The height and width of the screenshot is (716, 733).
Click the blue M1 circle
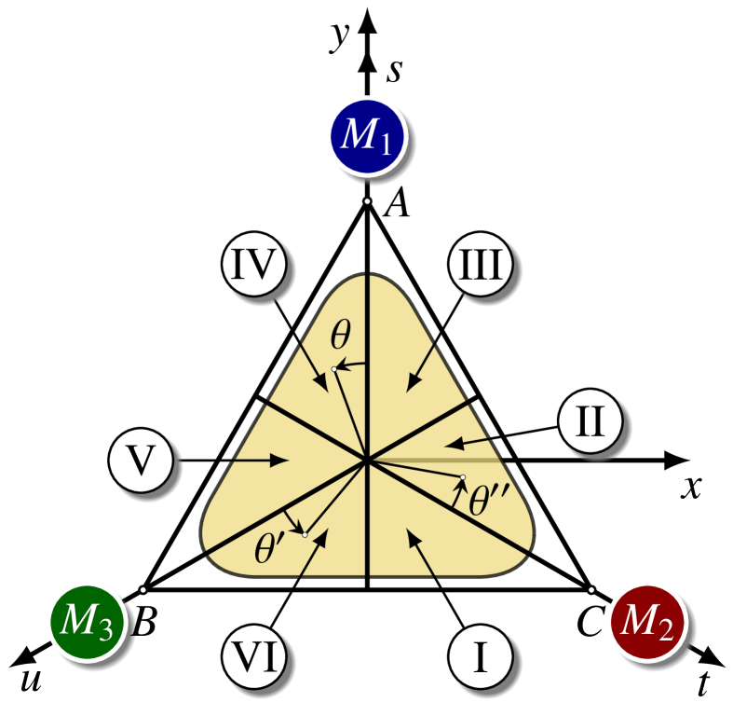click(x=367, y=135)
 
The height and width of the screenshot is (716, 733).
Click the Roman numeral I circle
click(x=481, y=657)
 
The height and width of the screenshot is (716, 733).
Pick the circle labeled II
click(x=590, y=421)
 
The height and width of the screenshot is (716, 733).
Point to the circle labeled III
click(x=481, y=265)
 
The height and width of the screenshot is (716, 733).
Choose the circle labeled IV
click(x=255, y=265)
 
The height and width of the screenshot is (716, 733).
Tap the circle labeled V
click(x=140, y=461)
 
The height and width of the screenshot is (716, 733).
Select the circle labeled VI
click(x=255, y=657)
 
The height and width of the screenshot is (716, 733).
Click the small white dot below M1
click(x=367, y=201)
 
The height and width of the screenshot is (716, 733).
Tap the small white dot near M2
click(x=591, y=590)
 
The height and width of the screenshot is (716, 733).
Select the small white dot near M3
click(x=143, y=590)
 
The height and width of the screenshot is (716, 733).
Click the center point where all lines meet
click(x=368, y=460)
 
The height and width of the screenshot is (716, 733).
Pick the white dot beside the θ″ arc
click(x=463, y=477)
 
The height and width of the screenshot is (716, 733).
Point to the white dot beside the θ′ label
click(x=305, y=534)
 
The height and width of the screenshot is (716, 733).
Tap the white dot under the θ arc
click(x=333, y=370)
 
